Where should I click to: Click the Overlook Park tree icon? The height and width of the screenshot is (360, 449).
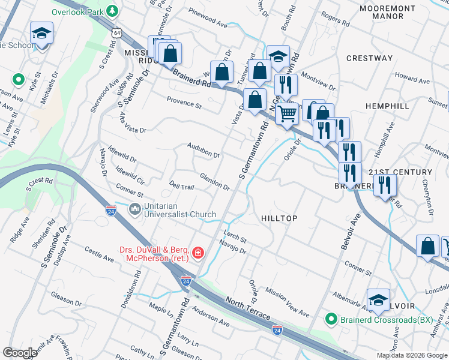(112, 11)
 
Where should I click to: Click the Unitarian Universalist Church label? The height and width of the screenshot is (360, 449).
(172, 209)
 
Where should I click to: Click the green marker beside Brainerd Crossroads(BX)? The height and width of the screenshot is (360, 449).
(330, 319)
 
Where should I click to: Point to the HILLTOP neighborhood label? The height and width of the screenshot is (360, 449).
(279, 218)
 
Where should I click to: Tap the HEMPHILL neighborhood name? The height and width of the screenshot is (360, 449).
(387, 106)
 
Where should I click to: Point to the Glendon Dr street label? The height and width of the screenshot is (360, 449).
(215, 182)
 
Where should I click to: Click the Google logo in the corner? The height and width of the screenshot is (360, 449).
(20, 353)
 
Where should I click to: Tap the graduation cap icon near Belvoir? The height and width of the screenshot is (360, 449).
(378, 300)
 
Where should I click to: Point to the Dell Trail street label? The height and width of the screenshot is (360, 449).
(182, 187)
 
